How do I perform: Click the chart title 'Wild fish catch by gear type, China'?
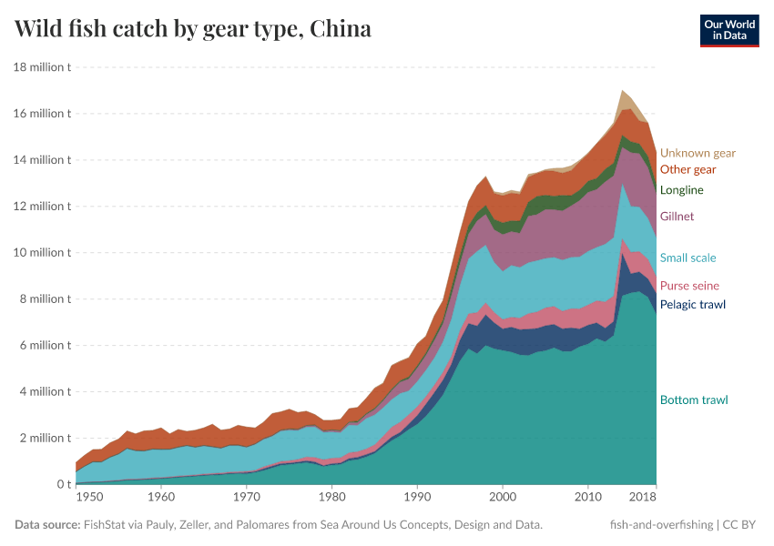pyautogui.click(x=193, y=29)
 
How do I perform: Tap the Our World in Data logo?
pyautogui.click(x=729, y=30)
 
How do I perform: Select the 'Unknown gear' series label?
pyautogui.click(x=698, y=153)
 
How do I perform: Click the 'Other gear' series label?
pyautogui.click(x=687, y=169)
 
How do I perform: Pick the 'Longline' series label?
pyautogui.click(x=681, y=190)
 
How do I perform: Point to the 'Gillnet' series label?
pyautogui.click(x=677, y=217)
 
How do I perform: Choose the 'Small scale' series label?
pyautogui.click(x=687, y=258)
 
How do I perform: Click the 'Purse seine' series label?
pyautogui.click(x=689, y=286)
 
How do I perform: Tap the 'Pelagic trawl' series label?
pyautogui.click(x=692, y=304)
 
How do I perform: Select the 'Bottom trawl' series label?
pyautogui.click(x=693, y=399)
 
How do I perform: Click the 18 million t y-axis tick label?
pyautogui.click(x=42, y=67)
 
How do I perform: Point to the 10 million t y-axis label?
pyautogui.click(x=42, y=253)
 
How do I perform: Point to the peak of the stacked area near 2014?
pyautogui.click(x=622, y=91)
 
